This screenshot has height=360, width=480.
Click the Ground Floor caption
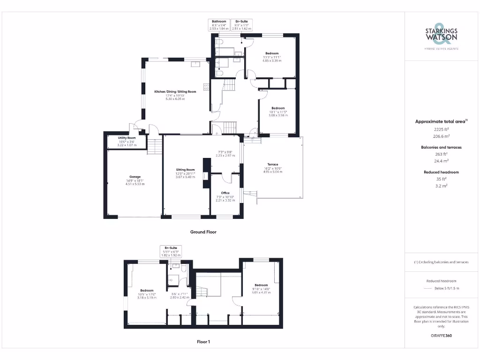pos(203,232)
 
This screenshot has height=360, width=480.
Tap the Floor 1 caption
pos(203,342)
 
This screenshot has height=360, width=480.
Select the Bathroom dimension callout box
pos(219,25)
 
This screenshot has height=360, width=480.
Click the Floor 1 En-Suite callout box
pos(171,250)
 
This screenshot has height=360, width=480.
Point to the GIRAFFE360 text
pos(441,336)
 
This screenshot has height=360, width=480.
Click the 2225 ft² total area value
pos(441,128)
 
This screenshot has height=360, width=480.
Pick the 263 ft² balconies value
pos(441,154)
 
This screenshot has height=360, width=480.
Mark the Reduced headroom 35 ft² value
pos(441,179)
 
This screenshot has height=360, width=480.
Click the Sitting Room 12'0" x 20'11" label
pos(185,173)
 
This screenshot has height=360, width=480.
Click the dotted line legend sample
pos(429,288)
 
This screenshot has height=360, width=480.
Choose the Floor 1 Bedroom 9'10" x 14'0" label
pos(261,288)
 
